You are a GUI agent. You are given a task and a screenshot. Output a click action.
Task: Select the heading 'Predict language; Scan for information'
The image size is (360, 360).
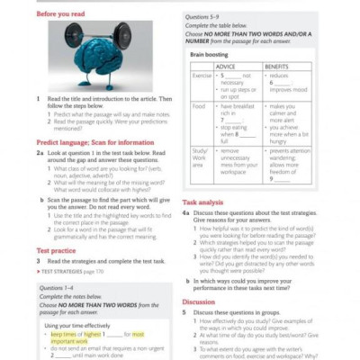(x=97, y=142)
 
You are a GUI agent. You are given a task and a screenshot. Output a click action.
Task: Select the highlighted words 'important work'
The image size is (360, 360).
(x=72, y=342)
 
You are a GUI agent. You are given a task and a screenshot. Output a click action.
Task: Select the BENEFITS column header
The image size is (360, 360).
(x=281, y=67)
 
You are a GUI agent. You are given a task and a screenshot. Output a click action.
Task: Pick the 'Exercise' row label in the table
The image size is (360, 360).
(x=202, y=76)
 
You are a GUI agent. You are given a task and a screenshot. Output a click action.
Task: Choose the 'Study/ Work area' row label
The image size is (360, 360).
(x=203, y=157)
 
